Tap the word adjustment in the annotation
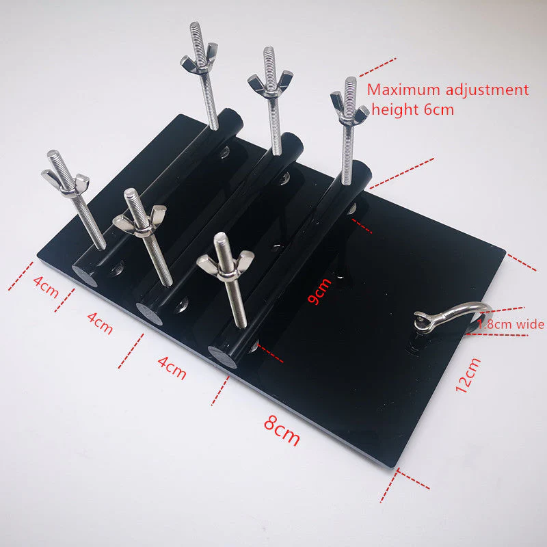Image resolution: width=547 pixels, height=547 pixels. click(x=488, y=91)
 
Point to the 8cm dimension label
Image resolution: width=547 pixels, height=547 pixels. click(x=282, y=430)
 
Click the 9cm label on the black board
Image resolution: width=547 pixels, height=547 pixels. click(x=319, y=291)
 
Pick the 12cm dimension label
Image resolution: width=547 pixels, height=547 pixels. click(x=468, y=375)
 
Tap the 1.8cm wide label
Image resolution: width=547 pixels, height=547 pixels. click(x=511, y=325)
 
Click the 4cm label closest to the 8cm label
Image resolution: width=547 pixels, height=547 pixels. click(x=172, y=367)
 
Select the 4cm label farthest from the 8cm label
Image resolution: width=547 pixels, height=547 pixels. click(x=46, y=286)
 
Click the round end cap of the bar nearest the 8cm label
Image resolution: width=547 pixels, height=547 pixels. click(x=222, y=356)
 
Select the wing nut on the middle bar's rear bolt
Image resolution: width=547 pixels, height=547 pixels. click(x=270, y=83)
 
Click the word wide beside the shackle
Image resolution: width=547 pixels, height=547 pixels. click(x=531, y=324)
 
